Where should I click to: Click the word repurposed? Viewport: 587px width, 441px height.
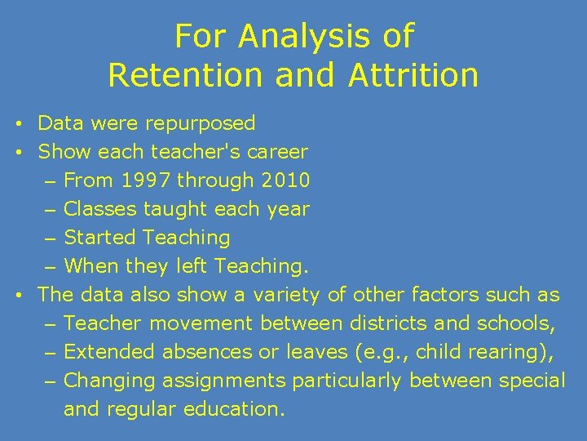200,124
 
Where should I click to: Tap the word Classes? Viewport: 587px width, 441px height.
100,209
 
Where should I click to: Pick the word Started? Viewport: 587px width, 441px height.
99,238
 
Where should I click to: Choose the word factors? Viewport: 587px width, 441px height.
445,295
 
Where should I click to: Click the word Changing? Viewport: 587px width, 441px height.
109,381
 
